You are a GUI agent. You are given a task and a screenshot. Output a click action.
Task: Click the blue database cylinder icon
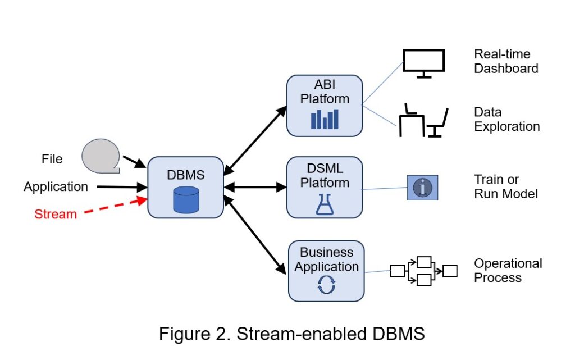(x=186, y=199)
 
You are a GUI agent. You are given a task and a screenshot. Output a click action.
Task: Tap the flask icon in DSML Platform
(x=325, y=206)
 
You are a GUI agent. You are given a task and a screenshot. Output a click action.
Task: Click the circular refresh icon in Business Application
(x=326, y=285)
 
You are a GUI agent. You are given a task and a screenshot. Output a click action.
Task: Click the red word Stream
(x=56, y=214)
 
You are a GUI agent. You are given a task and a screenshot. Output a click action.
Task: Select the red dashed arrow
(x=112, y=206)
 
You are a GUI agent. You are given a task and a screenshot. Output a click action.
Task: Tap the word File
(x=52, y=159)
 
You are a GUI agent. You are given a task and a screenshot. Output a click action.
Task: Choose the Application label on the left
(x=56, y=186)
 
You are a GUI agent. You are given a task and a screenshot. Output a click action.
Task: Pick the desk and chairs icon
(x=423, y=120)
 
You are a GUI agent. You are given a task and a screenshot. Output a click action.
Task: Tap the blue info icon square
(x=422, y=188)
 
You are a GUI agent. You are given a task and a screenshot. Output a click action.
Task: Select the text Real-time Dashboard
(x=506, y=61)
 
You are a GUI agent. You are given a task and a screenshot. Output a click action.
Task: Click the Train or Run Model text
(x=506, y=187)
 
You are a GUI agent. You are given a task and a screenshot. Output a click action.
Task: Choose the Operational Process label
(x=508, y=270)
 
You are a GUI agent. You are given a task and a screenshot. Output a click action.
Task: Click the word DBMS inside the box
(x=186, y=175)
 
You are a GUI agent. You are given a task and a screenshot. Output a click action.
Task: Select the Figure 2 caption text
(x=291, y=334)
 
